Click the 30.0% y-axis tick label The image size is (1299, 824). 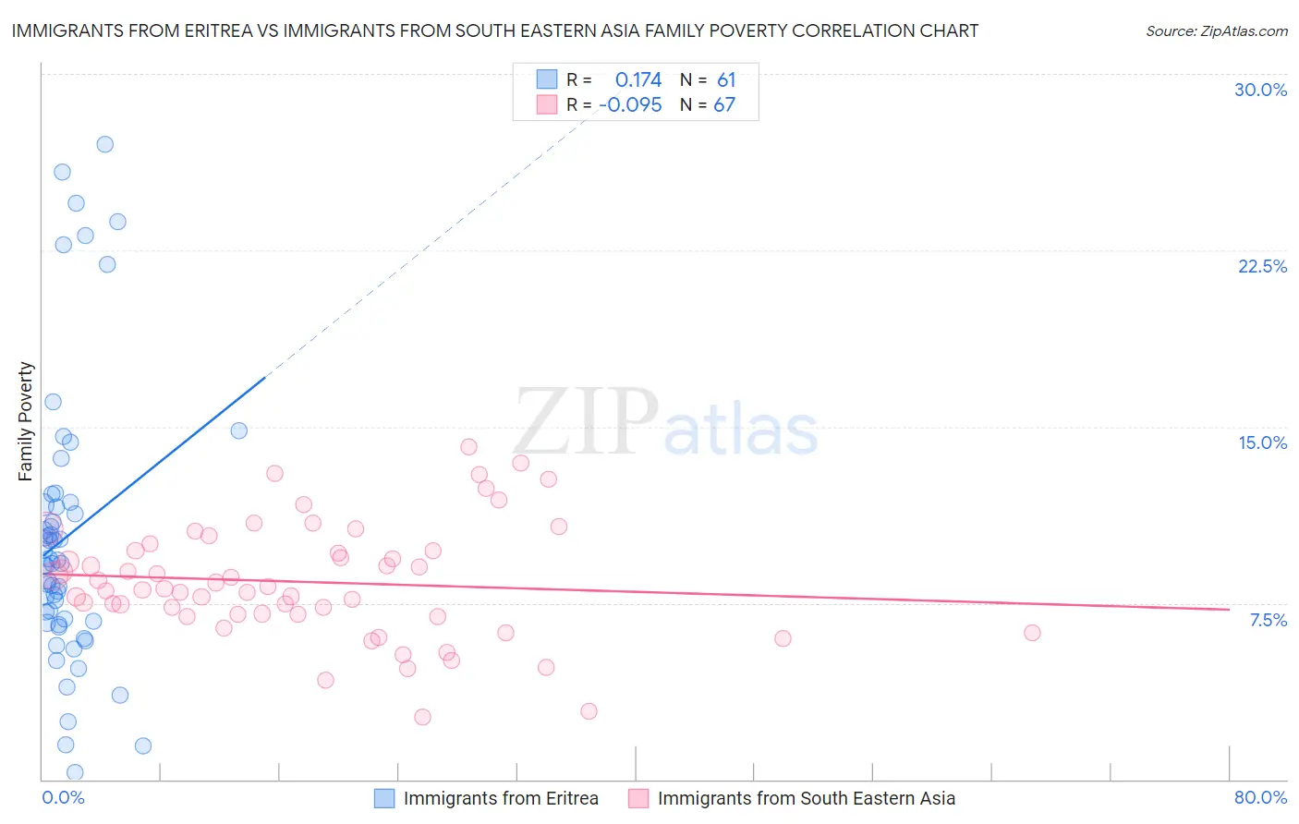click(x=1260, y=90)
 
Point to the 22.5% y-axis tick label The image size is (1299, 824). click(x=1262, y=266)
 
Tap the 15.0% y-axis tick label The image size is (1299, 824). click(x=1262, y=442)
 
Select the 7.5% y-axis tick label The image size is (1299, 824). click(x=1268, y=620)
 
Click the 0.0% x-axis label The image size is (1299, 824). click(x=63, y=797)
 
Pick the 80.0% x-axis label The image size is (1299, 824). click(x=1260, y=797)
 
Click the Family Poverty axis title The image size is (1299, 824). click(x=26, y=421)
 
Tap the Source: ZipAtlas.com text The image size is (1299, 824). click(x=1216, y=31)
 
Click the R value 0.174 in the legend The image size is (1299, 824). click(x=638, y=80)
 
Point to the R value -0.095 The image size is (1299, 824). click(x=630, y=105)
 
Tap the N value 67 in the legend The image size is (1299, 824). click(x=724, y=105)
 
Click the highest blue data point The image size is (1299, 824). click(x=105, y=144)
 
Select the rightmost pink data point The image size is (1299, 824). click(x=1032, y=633)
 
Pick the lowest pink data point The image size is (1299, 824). click(x=422, y=717)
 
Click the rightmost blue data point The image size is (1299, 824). click(x=239, y=430)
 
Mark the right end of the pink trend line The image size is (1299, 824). click(x=1229, y=609)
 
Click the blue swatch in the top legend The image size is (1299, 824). click(x=547, y=80)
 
